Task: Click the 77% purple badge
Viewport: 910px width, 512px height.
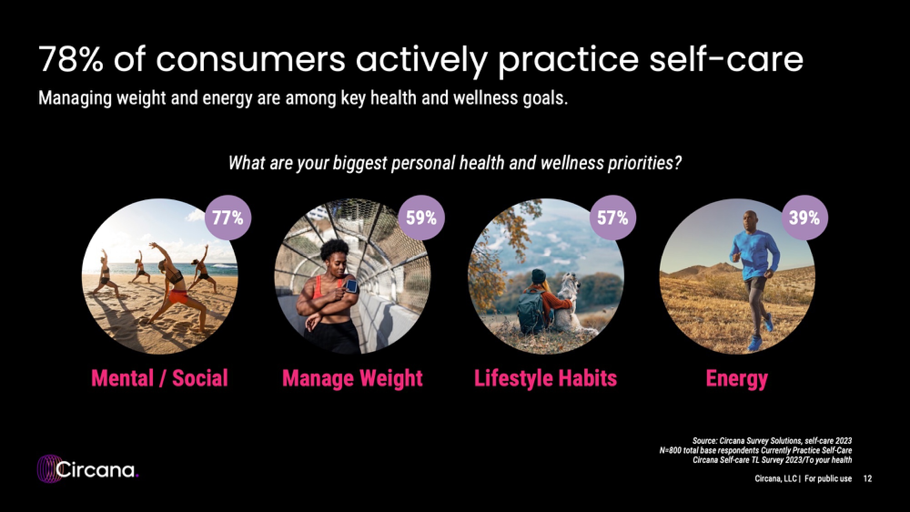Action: click(x=228, y=218)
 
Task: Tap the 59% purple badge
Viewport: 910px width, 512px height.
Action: click(x=421, y=218)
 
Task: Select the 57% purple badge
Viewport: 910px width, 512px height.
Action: click(x=612, y=218)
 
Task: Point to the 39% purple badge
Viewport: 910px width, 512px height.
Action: click(x=804, y=218)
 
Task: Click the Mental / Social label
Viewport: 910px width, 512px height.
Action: click(x=160, y=378)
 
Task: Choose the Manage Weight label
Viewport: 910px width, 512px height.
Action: click(x=353, y=379)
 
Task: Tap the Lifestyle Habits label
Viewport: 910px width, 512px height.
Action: click(x=546, y=379)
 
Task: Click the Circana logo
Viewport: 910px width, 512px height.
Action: click(x=87, y=469)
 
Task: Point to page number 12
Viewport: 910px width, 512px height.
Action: click(x=868, y=478)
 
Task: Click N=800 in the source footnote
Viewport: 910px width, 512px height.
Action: click(x=671, y=451)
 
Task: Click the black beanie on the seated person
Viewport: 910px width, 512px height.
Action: click(x=539, y=275)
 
